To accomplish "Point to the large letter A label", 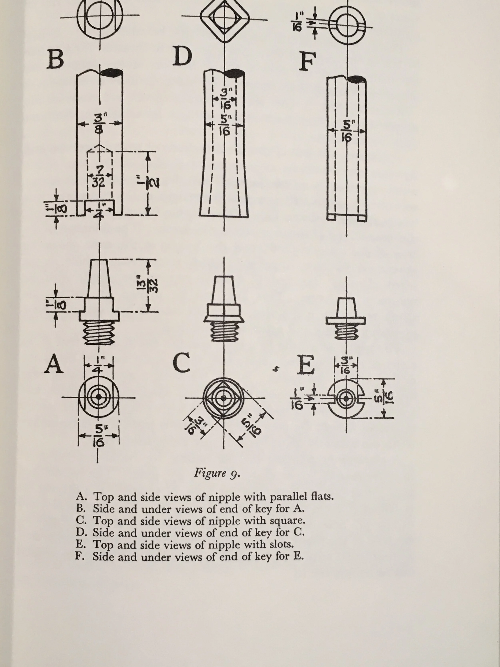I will tap(54, 364).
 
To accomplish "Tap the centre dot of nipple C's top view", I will tap(223, 398).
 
